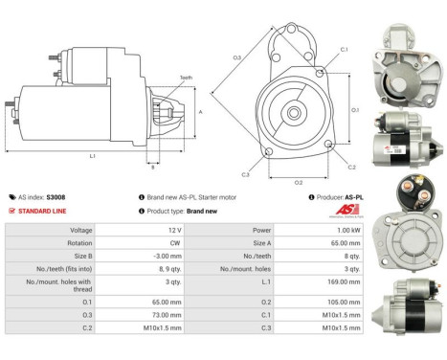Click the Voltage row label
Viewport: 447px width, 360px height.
click(81, 231)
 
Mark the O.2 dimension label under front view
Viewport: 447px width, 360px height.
click(299, 181)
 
